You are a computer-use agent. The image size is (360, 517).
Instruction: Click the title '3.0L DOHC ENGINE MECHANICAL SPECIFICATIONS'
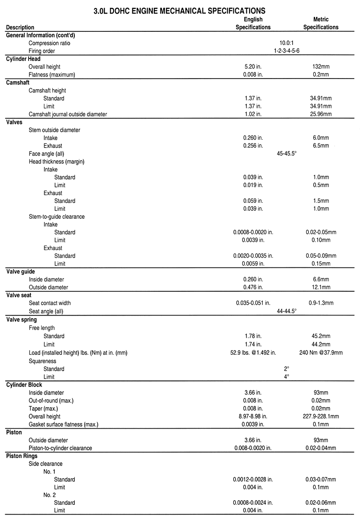point(180,9)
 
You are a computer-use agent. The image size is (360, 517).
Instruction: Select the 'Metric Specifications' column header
point(321,23)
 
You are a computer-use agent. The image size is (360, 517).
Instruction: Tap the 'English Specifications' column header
point(253,23)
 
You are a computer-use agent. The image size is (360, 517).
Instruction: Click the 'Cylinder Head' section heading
point(23,59)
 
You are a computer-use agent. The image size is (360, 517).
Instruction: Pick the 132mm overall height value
point(321,67)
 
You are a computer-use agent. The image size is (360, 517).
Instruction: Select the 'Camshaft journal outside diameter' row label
point(68,114)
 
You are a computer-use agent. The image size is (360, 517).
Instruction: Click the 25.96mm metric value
point(321,114)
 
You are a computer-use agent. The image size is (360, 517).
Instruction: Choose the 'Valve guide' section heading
point(21,272)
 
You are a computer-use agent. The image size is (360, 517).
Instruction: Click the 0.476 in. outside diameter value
point(253,287)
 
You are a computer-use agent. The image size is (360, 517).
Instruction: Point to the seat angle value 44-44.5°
point(287,311)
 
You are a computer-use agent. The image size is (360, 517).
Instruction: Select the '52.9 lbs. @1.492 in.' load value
point(253,352)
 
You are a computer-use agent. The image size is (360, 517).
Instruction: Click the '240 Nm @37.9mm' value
point(321,352)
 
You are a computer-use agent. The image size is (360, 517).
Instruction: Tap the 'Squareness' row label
point(43,361)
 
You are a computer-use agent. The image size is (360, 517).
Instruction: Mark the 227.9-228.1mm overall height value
point(321,416)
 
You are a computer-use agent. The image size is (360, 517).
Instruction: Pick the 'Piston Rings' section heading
point(22,456)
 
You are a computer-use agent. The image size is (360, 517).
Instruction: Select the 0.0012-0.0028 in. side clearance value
point(253,480)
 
